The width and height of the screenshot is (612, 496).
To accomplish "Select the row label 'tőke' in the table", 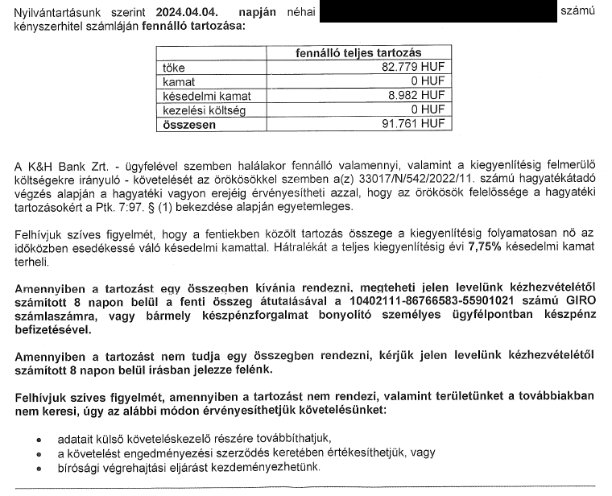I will click(174, 67).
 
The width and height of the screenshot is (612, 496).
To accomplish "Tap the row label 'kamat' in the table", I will click(180, 81).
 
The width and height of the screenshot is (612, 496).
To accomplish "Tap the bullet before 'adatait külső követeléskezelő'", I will click(39, 439).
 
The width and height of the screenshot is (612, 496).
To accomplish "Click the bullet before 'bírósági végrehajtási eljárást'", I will click(39, 468).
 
